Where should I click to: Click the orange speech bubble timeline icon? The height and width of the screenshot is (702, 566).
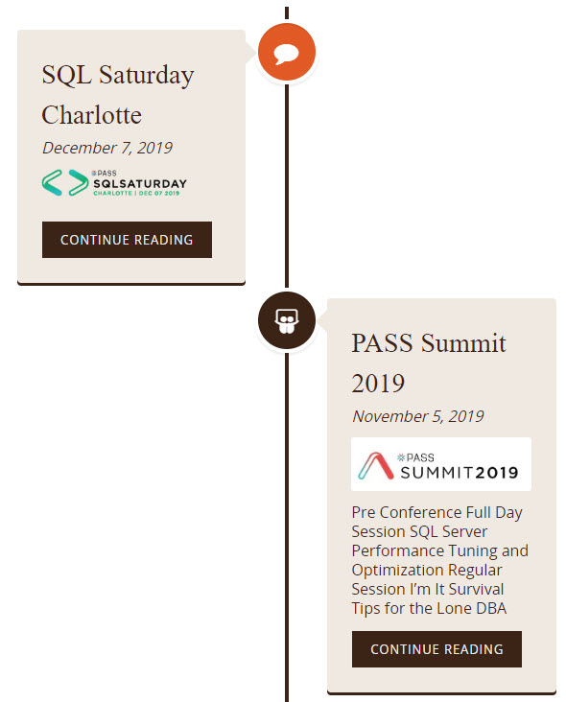coord(287,52)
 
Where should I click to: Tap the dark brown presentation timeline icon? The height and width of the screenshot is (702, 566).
coord(287,320)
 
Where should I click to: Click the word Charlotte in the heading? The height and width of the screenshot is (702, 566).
coord(92,115)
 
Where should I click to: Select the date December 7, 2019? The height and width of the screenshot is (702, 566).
coord(107,148)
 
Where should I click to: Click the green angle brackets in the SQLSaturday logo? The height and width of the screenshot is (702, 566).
coord(65,182)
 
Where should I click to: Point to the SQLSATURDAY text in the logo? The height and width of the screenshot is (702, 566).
coord(140,183)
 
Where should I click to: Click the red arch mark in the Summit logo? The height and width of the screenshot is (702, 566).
coord(376,466)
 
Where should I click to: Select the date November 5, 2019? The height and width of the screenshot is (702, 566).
coord(418,416)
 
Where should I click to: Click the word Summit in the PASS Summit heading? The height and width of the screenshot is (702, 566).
coord(463,343)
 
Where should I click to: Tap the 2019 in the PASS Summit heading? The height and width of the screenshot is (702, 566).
coord(378,384)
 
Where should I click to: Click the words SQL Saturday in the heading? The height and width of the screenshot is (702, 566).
coord(118,75)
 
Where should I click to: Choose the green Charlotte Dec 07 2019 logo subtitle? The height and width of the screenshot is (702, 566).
coord(136,193)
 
